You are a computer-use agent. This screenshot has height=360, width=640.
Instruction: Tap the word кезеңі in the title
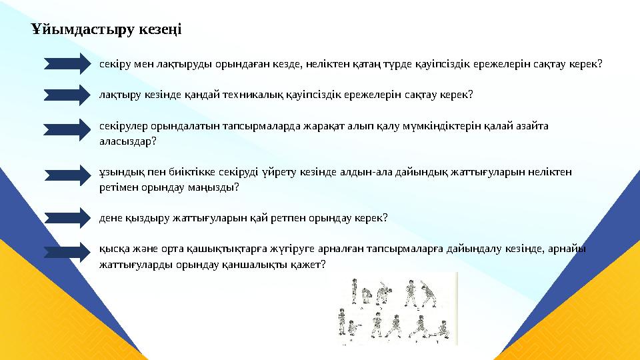158,30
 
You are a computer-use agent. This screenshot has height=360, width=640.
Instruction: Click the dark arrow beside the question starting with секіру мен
67,63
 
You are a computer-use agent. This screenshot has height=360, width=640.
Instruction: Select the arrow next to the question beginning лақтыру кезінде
67,94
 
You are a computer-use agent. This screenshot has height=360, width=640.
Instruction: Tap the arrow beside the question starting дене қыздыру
67,217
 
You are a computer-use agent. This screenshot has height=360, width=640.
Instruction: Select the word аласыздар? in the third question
123,141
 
